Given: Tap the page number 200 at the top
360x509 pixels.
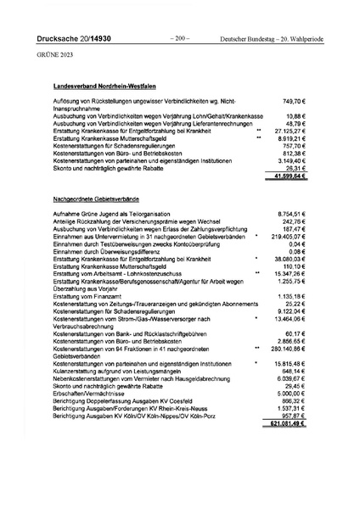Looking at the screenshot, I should click(180, 39).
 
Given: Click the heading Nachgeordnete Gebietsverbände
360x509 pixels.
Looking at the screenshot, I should click(97, 197).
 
